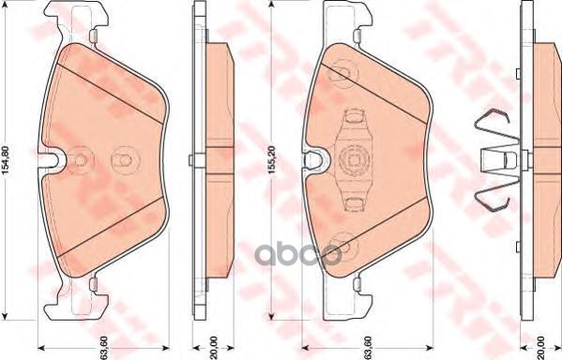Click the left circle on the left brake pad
81,160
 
